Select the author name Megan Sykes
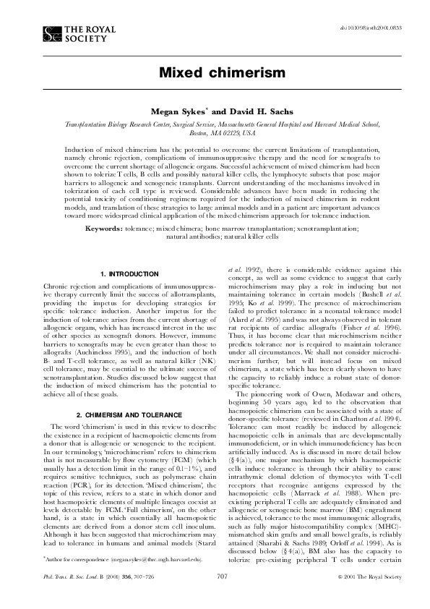click(x=173, y=113)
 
